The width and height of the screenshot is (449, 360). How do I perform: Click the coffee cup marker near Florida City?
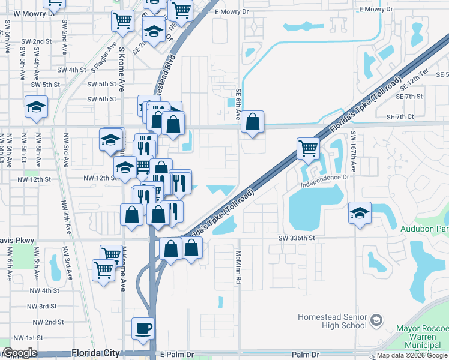pyautogui.click(x=143, y=329)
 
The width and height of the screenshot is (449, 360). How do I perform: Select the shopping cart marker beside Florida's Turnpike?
pyautogui.click(x=308, y=148)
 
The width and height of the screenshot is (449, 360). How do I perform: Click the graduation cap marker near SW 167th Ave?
pyautogui.click(x=360, y=214)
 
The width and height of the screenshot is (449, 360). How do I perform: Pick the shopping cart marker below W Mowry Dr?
pyautogui.click(x=122, y=21)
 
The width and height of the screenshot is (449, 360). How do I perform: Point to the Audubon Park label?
pyautogui.click(x=424, y=229)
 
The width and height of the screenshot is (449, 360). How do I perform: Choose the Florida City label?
pyautogui.click(x=96, y=353)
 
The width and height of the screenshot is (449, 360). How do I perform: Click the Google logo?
pyautogui.click(x=19, y=353)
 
